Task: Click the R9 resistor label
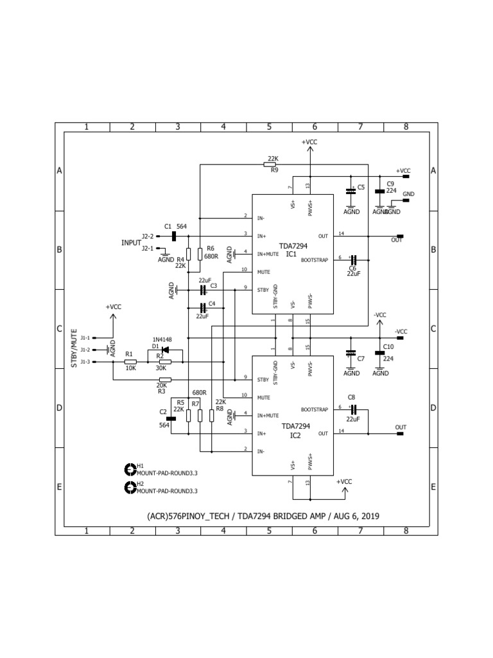(274, 171)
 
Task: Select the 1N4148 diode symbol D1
(164, 350)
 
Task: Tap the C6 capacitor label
(352, 267)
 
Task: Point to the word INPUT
(131, 243)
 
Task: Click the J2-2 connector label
(148, 236)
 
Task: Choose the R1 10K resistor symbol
(130, 362)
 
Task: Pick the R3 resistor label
(161, 390)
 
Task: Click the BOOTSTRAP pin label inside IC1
(315, 260)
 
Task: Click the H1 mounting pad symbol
(128, 468)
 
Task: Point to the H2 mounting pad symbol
(128, 488)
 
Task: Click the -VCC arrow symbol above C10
(380, 321)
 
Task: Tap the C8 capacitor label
(351, 398)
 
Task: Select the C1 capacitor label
(168, 226)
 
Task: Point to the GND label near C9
(408, 193)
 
